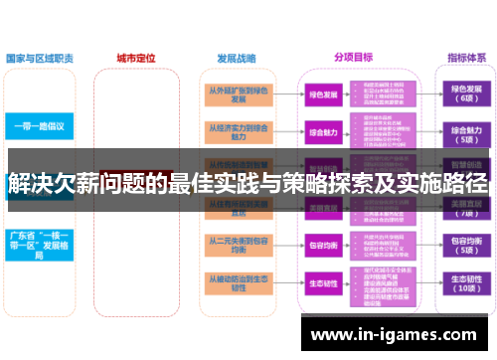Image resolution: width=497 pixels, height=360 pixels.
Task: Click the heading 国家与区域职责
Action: pyautogui.click(x=39, y=58)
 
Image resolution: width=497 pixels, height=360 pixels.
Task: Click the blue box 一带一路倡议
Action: pyautogui.click(x=39, y=127)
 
